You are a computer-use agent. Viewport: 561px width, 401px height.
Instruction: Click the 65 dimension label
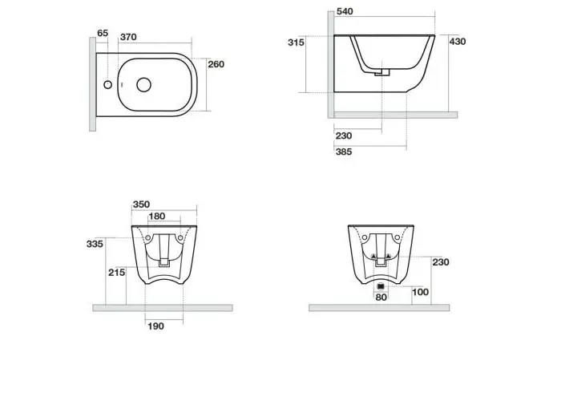tap(103, 33)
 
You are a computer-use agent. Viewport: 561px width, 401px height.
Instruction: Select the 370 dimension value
tap(128, 37)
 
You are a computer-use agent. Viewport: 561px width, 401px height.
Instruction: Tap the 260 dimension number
tap(216, 64)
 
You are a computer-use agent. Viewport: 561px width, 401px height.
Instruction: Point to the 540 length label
tap(345, 11)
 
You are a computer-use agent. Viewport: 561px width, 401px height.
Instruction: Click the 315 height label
tap(296, 43)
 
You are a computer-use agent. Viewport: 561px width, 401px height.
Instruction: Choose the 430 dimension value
tap(458, 42)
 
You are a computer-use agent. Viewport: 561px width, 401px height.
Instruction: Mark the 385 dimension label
tap(344, 152)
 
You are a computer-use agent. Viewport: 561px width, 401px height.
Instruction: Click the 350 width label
tap(141, 205)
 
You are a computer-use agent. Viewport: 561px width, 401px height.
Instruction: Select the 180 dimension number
tap(157, 217)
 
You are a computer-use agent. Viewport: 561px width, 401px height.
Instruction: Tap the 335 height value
tap(95, 244)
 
